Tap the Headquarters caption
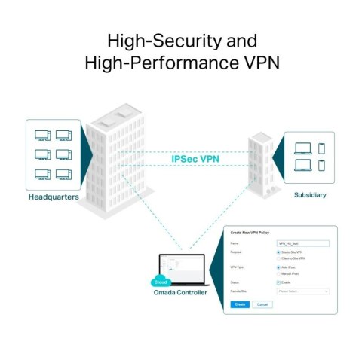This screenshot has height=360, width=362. tap(54, 197)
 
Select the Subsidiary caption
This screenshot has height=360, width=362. tap(310, 194)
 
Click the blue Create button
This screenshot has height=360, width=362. tap(238, 304)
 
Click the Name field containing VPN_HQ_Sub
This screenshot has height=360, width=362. tap(303, 244)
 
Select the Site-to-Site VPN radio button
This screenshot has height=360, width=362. tap(279, 252)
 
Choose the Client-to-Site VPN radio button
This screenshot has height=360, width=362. tap(279, 258)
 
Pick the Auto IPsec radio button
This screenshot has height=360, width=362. tap(279, 267)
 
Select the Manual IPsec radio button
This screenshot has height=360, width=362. tap(279, 273)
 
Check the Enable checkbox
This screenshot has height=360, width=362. tap(279, 282)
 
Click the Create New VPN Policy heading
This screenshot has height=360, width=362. tap(253, 235)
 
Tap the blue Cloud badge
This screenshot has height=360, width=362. tap(161, 282)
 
